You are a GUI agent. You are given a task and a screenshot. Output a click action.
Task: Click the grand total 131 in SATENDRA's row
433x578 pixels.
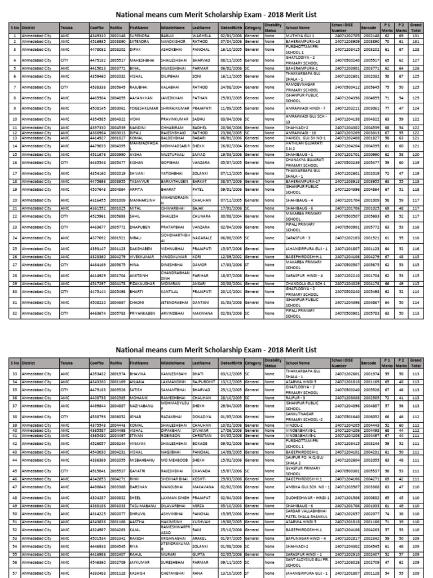(x=416, y=41)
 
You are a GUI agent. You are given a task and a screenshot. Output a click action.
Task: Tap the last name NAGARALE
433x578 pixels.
(x=203, y=238)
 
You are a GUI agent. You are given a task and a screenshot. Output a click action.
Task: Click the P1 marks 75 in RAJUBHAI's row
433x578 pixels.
(x=387, y=87)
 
